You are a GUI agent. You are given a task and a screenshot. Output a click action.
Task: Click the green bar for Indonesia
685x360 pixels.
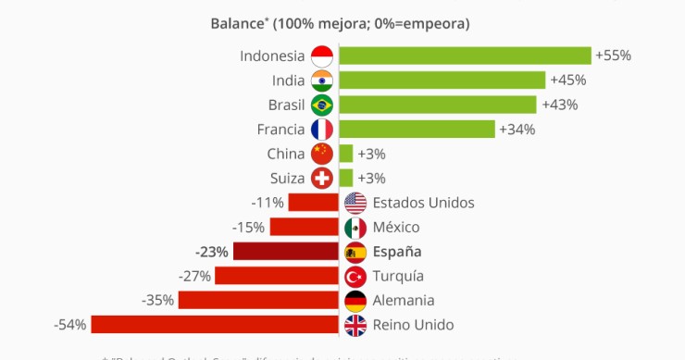point(465,56)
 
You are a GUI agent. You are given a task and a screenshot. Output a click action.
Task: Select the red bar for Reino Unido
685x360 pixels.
point(215,325)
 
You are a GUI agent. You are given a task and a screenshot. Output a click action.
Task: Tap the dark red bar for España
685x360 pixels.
point(285,252)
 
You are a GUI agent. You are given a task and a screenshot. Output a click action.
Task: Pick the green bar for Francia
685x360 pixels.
point(417,129)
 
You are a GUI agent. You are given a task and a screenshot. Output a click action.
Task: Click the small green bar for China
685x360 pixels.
point(346,154)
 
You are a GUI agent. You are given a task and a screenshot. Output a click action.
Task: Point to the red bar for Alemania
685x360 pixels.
point(258,301)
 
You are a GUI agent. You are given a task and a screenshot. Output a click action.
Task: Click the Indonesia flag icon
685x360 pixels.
point(322,56)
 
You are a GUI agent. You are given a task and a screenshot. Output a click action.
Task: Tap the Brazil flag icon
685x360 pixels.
point(322,105)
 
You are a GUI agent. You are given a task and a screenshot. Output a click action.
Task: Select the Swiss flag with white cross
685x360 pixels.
point(322,178)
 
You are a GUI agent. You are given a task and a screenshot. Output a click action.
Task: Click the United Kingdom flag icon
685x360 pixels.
point(355,325)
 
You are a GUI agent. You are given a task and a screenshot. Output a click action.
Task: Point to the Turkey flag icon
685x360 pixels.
point(355,276)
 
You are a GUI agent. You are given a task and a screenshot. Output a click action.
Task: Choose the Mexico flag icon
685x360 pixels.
point(355,227)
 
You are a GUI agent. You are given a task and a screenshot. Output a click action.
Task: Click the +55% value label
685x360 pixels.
point(614,56)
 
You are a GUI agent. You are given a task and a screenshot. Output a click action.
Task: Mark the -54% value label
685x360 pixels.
point(70,325)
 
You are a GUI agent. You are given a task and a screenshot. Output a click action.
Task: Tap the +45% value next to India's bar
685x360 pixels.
point(567,80)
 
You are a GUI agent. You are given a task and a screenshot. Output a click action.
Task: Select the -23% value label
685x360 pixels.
point(212,252)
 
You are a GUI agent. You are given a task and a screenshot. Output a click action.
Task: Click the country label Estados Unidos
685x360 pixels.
point(423,203)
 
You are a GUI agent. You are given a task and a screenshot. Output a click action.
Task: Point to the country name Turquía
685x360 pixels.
point(398,276)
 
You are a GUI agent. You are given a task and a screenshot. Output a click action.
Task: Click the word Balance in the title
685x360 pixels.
point(237,21)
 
